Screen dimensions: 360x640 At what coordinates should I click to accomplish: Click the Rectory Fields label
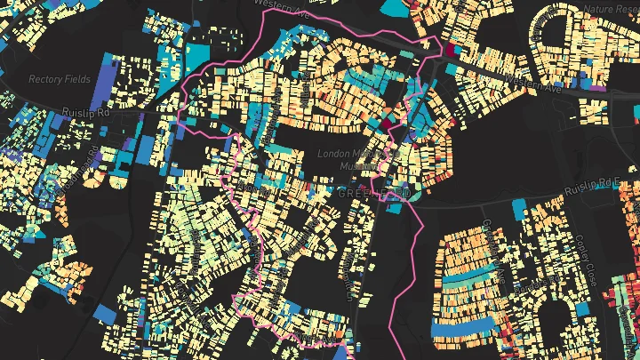[x=60, y=79]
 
